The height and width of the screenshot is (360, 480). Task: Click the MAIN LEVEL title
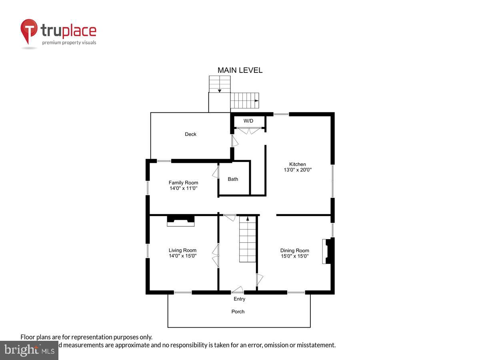click(240, 70)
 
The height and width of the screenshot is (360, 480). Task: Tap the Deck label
click(190, 134)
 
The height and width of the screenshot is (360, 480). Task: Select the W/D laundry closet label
click(248, 121)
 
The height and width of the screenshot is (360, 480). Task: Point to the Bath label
click(233, 179)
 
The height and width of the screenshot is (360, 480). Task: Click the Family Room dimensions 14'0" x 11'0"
click(183, 188)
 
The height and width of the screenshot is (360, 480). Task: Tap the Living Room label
click(182, 250)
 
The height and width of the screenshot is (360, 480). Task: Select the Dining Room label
click(294, 251)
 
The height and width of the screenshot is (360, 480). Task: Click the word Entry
click(240, 299)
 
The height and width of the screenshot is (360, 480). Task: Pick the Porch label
click(238, 312)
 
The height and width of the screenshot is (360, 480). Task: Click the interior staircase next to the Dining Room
click(248, 240)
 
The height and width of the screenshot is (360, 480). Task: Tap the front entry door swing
click(238, 290)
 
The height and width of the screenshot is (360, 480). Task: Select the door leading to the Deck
click(235, 140)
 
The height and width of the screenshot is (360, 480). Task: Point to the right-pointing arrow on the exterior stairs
click(256, 101)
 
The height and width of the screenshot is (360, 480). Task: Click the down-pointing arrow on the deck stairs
click(220, 91)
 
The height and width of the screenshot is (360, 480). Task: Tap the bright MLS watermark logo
click(29, 350)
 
